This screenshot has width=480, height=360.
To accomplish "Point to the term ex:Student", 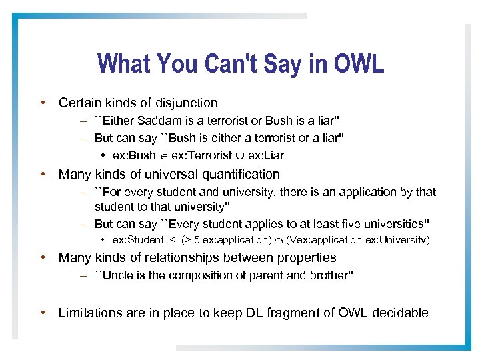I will point(138,240).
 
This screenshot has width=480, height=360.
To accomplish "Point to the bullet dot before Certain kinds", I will point(43,103).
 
